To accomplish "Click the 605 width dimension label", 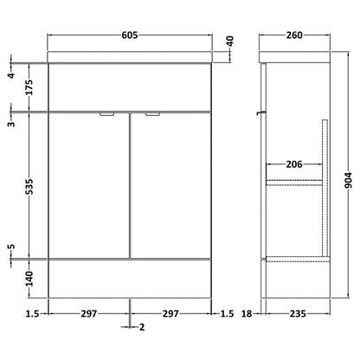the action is tap(130, 35).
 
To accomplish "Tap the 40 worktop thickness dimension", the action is tap(230, 42).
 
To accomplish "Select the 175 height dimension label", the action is tap(29, 87).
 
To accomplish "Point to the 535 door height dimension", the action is tap(29, 186).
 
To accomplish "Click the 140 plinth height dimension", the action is tap(29, 279).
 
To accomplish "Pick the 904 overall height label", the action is tap(349, 180).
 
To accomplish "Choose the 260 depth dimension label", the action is tap(294, 35).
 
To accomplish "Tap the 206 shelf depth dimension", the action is tap(294, 164).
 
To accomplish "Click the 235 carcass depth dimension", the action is tap(298, 313).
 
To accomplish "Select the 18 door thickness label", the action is tap(247, 313).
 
